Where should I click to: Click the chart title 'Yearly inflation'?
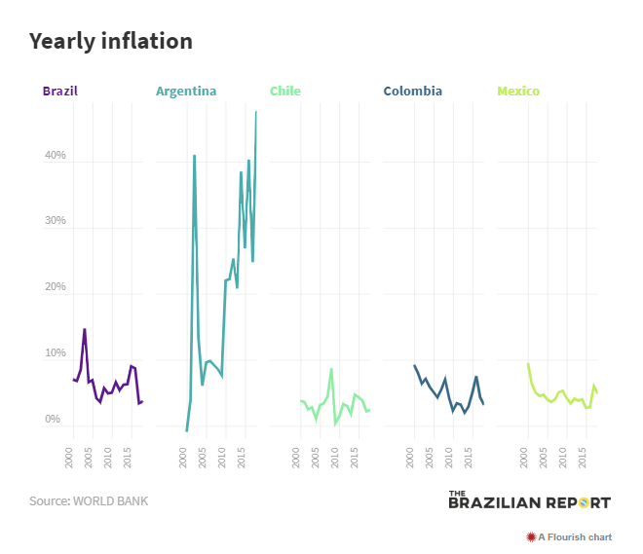coord(110,41)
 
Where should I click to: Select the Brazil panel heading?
coord(60,92)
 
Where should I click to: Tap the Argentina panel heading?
coord(186,92)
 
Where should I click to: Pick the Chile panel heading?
coord(285,92)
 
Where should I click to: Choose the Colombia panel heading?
coord(412,92)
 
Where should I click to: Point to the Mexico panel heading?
coord(518,92)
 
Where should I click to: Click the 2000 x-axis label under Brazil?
coord(70,458)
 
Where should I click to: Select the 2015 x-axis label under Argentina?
coord(241,458)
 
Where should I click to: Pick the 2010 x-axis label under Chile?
coord(335,458)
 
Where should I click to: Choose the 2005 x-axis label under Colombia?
coord(430,458)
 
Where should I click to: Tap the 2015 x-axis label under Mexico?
coord(582,458)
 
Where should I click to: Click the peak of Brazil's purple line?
coord(85,329)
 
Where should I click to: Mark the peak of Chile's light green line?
coord(331,369)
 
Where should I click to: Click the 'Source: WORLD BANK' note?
coord(89,501)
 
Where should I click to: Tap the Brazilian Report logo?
coord(529,500)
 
